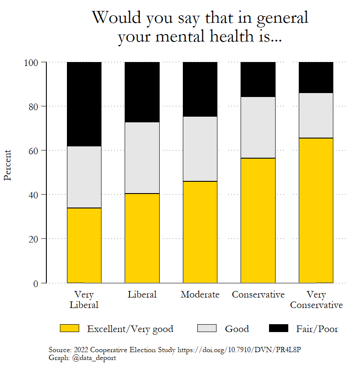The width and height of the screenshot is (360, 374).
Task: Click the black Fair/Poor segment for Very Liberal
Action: [84, 104]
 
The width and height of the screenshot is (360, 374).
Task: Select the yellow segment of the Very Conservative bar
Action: [316, 210]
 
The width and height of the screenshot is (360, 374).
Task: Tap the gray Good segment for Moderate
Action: [200, 149]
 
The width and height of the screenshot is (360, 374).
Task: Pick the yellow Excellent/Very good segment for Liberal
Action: [142, 238]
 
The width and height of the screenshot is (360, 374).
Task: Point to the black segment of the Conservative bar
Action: [258, 80]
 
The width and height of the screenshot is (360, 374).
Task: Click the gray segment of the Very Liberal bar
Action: [84, 177]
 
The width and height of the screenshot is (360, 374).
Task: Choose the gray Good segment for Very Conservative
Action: [316, 115]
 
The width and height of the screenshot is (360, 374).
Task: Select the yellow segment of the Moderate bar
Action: [200, 232]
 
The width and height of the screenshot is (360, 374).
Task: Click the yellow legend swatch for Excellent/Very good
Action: [69, 328]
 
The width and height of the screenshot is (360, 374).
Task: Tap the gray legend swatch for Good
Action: [207, 328]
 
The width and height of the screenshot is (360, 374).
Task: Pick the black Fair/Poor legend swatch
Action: [278, 328]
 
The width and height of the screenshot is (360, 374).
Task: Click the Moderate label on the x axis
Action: [200, 294]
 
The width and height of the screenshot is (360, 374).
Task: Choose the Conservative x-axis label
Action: [258, 294]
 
